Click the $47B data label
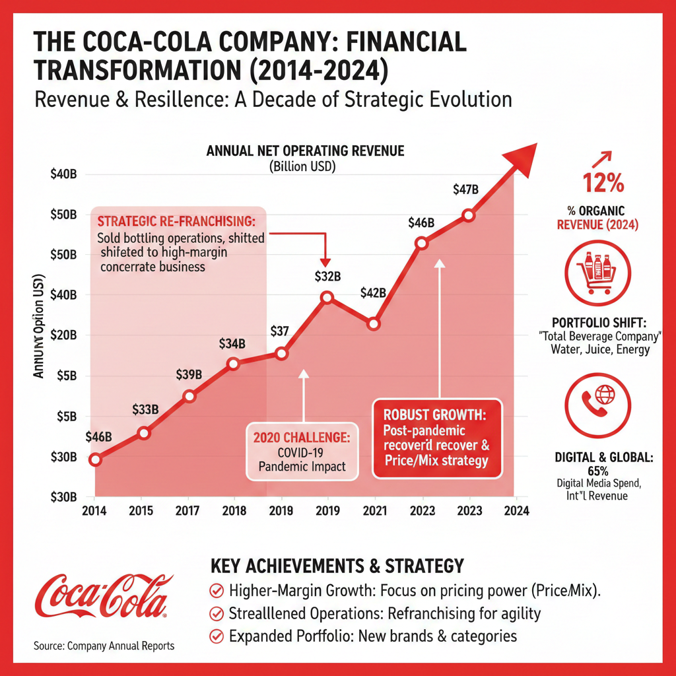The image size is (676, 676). pyautogui.click(x=466, y=189)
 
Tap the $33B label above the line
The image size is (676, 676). pyautogui.click(x=145, y=409)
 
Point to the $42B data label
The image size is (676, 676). pyautogui.click(x=372, y=294)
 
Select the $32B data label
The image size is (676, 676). pyautogui.click(x=327, y=276)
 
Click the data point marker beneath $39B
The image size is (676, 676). pyautogui.click(x=189, y=396)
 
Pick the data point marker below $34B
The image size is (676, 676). pyautogui.click(x=233, y=364)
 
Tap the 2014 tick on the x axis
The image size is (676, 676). pyautogui.click(x=95, y=510)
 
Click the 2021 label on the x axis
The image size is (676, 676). pyautogui.click(x=374, y=510)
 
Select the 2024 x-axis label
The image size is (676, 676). pyautogui.click(x=516, y=510)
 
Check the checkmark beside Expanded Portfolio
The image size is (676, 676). pyautogui.click(x=215, y=636)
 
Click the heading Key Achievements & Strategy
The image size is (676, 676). pyautogui.click(x=337, y=566)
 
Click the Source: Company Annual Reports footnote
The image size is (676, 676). pyautogui.click(x=104, y=646)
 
